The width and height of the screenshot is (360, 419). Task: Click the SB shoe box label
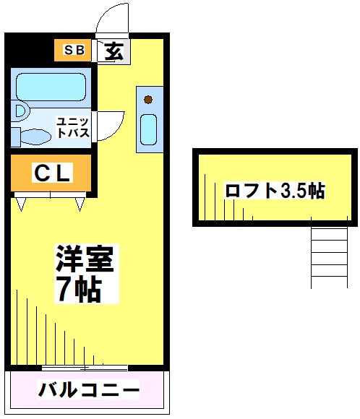tap(74, 50)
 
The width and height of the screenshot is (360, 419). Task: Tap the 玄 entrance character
tap(113, 51)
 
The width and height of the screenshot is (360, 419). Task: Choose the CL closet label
tap(51, 173)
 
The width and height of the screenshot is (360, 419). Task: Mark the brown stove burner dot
tap(147, 99)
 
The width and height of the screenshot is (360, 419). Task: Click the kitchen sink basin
tap(147, 129)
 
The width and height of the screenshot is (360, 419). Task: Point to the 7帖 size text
tap(77, 289)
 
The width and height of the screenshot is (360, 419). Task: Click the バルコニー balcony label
tap(88, 391)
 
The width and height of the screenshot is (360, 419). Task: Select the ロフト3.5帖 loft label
tap(275, 191)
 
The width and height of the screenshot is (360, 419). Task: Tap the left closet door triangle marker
tap(21, 204)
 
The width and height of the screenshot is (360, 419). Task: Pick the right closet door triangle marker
tap(79, 204)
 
